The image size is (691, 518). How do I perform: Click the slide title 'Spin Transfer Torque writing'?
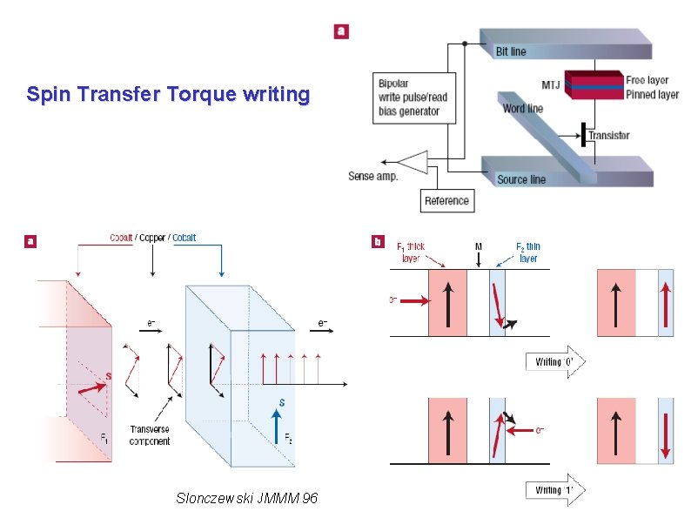coord(168,94)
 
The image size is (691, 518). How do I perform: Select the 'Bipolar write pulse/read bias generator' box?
coord(412,98)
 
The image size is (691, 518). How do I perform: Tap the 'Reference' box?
coord(446,200)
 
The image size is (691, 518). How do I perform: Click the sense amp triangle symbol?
coord(413,161)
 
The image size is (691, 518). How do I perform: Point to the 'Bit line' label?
coord(511,51)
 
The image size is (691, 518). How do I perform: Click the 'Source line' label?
coord(521,179)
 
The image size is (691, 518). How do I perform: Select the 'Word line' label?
coord(522,109)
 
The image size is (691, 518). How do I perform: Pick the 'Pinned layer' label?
coord(652,94)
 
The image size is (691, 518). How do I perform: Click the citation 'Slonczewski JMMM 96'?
coord(246,498)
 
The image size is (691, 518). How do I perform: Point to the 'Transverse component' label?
coord(150,435)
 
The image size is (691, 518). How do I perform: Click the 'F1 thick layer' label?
coord(411,252)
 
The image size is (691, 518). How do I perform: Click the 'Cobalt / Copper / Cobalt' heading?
coord(152,238)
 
